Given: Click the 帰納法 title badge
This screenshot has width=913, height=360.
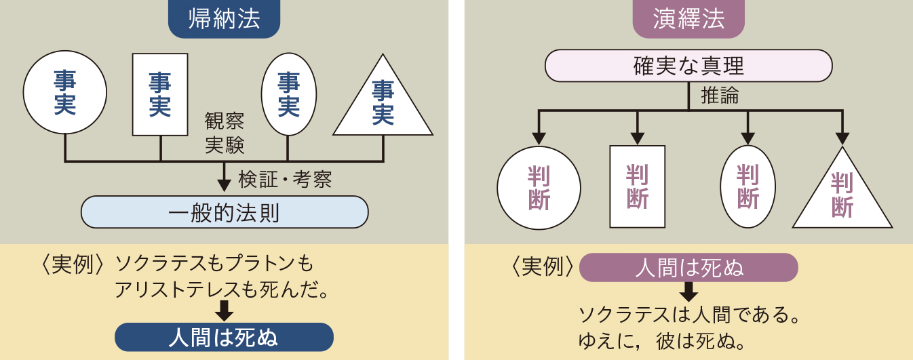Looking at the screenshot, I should point(224,20).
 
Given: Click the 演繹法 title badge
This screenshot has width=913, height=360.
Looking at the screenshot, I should point(688,20).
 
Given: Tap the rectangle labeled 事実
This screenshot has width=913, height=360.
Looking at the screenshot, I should point(159,94).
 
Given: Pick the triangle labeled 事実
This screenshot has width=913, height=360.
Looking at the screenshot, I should point(383,105).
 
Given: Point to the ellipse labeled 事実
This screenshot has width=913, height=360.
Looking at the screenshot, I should point(289,94).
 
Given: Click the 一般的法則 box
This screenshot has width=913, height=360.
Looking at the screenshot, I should point(224,212).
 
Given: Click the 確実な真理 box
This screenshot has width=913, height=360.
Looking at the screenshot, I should point(688,66).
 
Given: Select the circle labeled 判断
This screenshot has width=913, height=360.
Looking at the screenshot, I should point(539,188).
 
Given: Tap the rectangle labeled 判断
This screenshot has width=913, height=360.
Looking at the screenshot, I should point(638,186).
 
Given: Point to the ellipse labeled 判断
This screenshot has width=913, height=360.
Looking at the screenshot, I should point(747,186).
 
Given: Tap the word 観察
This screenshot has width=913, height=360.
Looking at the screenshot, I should point(225,123).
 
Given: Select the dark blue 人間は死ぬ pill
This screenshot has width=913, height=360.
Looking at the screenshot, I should point(224,338).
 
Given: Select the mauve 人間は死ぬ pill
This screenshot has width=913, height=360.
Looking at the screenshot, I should point(688,268).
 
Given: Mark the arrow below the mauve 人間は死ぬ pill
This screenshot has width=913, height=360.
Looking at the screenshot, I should point(688,292).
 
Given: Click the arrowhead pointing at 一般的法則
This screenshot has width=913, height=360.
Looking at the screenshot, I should point(224,186).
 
